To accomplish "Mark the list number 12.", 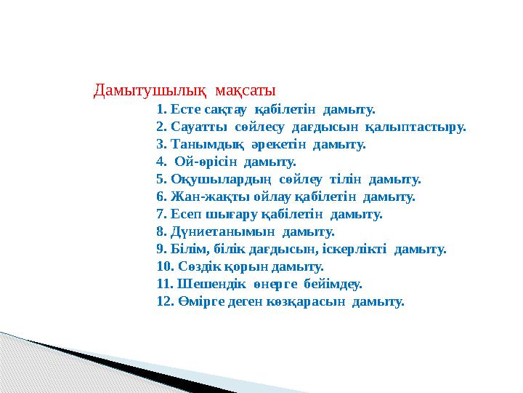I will pos(163,301).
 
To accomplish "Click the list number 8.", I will pos(161,231).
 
